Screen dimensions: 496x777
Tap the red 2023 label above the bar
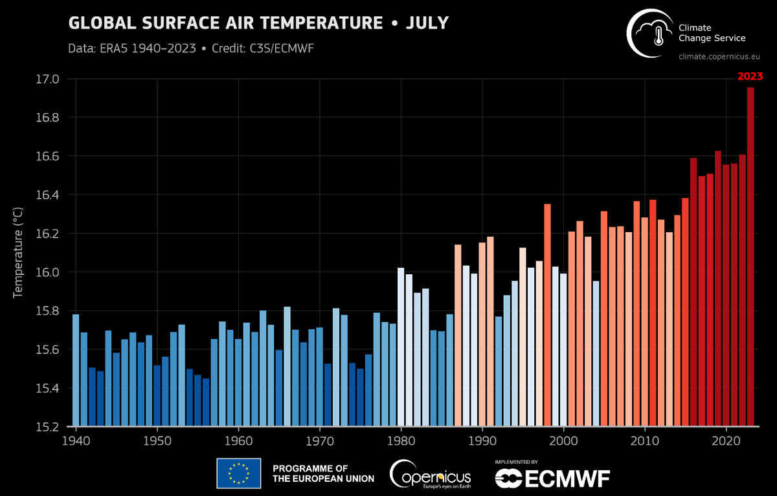point(750,76)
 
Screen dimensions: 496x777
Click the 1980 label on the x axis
point(401,440)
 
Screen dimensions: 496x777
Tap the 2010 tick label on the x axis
point(645,440)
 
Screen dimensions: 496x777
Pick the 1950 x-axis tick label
point(157,440)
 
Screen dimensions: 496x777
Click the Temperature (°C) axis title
point(18,253)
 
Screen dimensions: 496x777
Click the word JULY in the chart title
point(427,23)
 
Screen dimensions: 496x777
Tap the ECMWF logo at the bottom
point(552,477)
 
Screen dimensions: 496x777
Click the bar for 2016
point(693,292)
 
